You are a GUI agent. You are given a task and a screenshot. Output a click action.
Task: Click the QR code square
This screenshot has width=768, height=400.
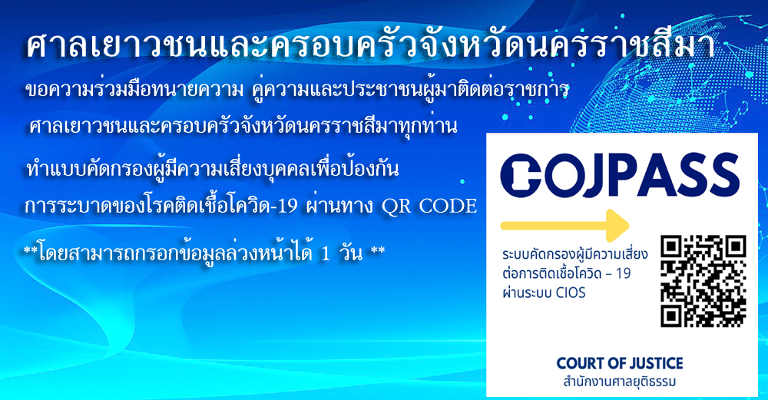703,281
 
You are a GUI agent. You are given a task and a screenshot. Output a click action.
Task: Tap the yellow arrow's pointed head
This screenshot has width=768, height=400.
618,225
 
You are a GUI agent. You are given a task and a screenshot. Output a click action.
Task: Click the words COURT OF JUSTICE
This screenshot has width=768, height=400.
620,363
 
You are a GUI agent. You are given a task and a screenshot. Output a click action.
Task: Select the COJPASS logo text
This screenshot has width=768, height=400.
620,175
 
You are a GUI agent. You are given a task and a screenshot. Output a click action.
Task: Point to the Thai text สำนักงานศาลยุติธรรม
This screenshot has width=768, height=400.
620,382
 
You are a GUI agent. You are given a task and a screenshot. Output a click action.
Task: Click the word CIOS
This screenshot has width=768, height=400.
571,293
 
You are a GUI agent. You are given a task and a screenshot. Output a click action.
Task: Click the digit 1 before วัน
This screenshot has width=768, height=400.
326,253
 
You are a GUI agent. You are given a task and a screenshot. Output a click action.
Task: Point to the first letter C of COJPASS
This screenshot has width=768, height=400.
520,175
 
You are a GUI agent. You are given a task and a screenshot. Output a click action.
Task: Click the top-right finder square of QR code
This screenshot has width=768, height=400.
734,247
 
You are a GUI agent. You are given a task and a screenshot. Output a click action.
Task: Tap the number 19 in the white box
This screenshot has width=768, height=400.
623,273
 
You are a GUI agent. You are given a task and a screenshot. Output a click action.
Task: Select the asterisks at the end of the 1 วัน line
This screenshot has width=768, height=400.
378,251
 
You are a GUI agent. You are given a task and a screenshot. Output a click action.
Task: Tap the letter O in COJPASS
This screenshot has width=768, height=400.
563,175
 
